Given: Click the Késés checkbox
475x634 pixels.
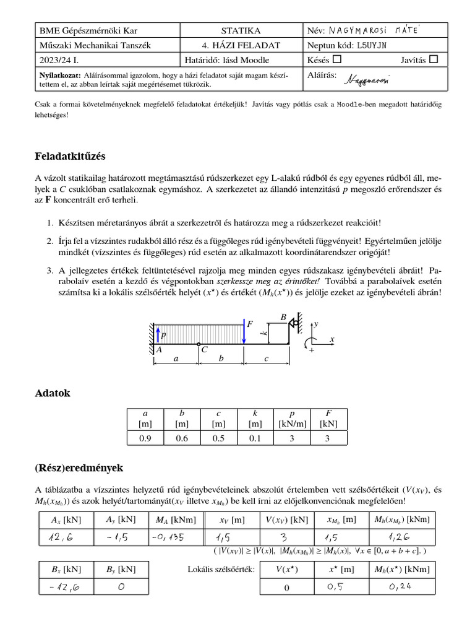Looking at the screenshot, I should click(337, 59).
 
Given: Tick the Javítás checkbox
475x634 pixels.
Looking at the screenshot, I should click(433, 59).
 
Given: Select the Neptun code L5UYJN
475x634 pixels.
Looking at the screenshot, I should click(371, 45).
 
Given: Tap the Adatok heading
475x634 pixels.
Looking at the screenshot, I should click(53, 393).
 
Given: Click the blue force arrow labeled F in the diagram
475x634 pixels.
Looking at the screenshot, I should click(244, 333).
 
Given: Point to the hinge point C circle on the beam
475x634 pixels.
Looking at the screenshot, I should click(198, 344).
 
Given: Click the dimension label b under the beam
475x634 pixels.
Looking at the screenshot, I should click(221, 358).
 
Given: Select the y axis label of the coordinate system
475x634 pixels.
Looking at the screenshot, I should click(316, 324).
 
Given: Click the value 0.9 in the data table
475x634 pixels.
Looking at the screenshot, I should click(145, 438).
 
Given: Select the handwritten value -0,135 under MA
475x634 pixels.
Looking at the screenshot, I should click(167, 538).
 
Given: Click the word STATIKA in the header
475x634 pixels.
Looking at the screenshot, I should click(241, 30).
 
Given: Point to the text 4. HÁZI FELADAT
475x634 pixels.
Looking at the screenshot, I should click(241, 45).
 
